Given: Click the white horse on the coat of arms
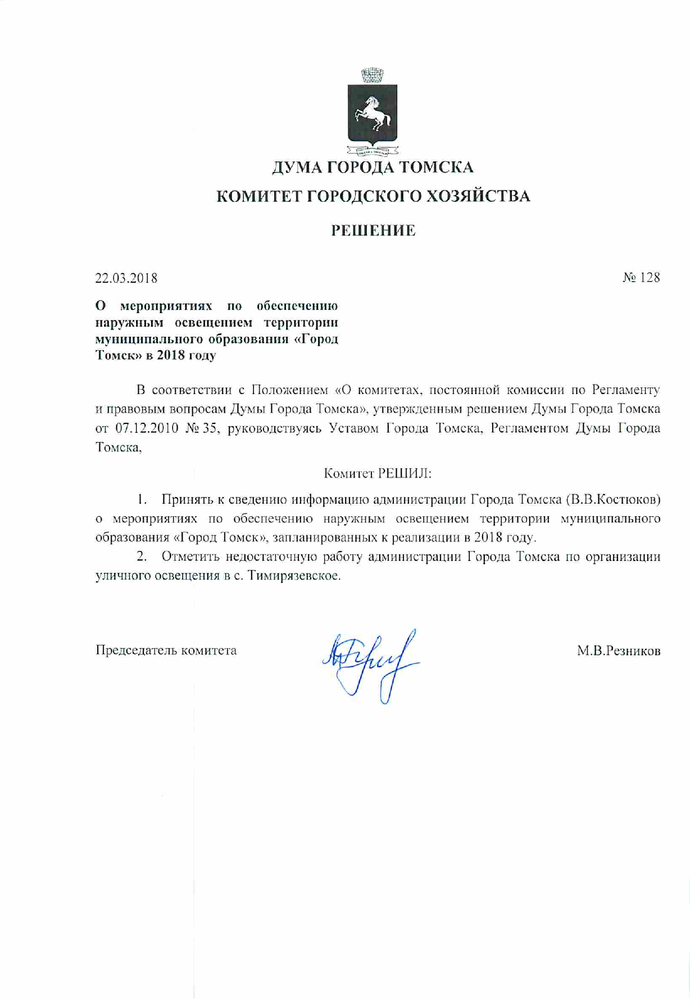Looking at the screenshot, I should (371, 112).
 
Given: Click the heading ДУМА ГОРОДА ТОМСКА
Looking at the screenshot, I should (373, 167).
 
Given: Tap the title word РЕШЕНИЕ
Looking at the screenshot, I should (373, 230).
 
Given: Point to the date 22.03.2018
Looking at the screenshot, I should (126, 278).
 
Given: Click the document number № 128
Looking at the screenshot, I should (641, 278).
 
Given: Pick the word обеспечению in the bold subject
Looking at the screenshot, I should (297, 306).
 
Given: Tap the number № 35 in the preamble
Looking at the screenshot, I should (197, 428).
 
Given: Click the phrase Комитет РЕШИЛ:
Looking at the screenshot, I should (378, 474).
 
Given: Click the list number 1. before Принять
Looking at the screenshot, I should (142, 499).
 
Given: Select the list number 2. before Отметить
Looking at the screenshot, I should (142, 557).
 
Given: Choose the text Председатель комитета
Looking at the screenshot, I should (166, 650).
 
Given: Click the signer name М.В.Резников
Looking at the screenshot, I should (619, 651).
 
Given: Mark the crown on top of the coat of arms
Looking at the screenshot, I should (372, 74).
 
